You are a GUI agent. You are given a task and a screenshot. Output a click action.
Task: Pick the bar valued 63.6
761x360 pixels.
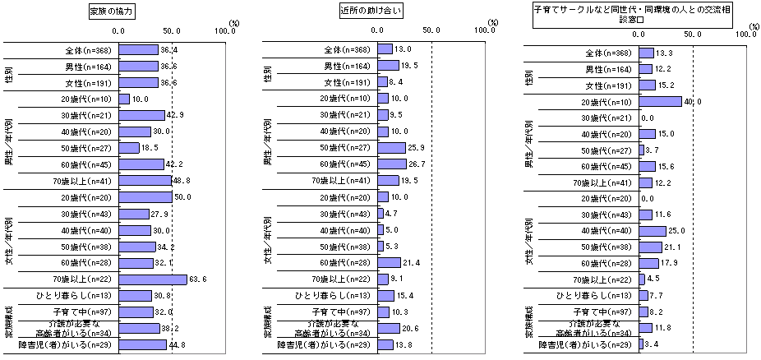153,279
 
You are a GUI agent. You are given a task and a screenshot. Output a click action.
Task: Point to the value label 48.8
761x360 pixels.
182,180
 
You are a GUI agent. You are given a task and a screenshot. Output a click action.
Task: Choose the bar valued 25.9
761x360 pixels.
392,147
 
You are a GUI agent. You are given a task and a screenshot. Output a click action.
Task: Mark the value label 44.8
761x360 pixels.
178,344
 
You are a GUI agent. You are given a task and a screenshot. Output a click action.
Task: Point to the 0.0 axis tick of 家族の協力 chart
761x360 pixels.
119,30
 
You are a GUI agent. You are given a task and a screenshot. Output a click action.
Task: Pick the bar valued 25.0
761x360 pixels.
653,231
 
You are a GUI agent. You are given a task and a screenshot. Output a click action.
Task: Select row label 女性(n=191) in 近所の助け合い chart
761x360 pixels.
348,82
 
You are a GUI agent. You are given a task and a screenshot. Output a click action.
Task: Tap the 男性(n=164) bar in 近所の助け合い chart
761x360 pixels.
389,66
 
